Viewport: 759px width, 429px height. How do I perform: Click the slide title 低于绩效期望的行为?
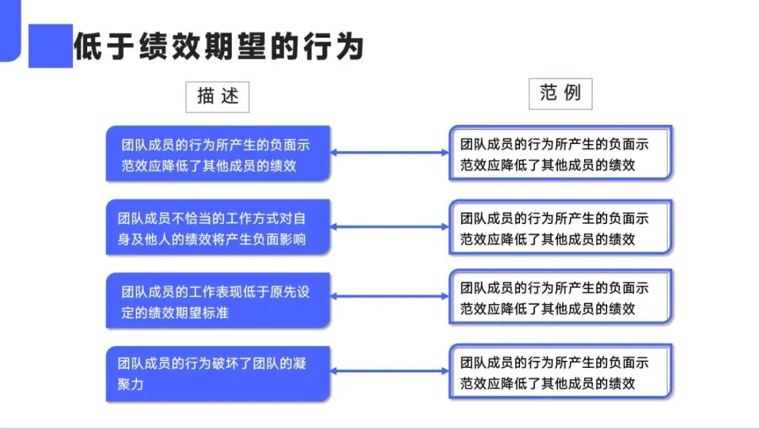219,46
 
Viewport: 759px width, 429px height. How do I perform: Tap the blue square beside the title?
51,46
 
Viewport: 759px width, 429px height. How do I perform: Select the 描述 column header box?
217,97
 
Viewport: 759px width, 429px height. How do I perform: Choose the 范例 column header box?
560,93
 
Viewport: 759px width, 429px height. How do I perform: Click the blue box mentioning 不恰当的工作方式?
218,227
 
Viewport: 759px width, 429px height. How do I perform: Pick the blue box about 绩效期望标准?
218,301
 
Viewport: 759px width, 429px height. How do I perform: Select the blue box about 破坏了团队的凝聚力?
218,374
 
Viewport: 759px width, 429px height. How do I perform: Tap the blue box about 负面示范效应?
218,154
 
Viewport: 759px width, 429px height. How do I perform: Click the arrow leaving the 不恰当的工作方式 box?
389,226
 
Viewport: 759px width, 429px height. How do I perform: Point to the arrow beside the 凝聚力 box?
389,371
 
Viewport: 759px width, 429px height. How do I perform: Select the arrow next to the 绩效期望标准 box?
389,296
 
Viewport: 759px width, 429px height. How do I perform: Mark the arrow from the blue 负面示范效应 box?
389,152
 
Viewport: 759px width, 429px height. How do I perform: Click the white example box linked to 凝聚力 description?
561,371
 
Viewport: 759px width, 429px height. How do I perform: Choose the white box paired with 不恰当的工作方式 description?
561,227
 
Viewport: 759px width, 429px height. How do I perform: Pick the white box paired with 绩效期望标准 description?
561,296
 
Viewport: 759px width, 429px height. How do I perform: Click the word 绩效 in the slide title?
169,46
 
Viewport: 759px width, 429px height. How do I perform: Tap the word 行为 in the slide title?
334,46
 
